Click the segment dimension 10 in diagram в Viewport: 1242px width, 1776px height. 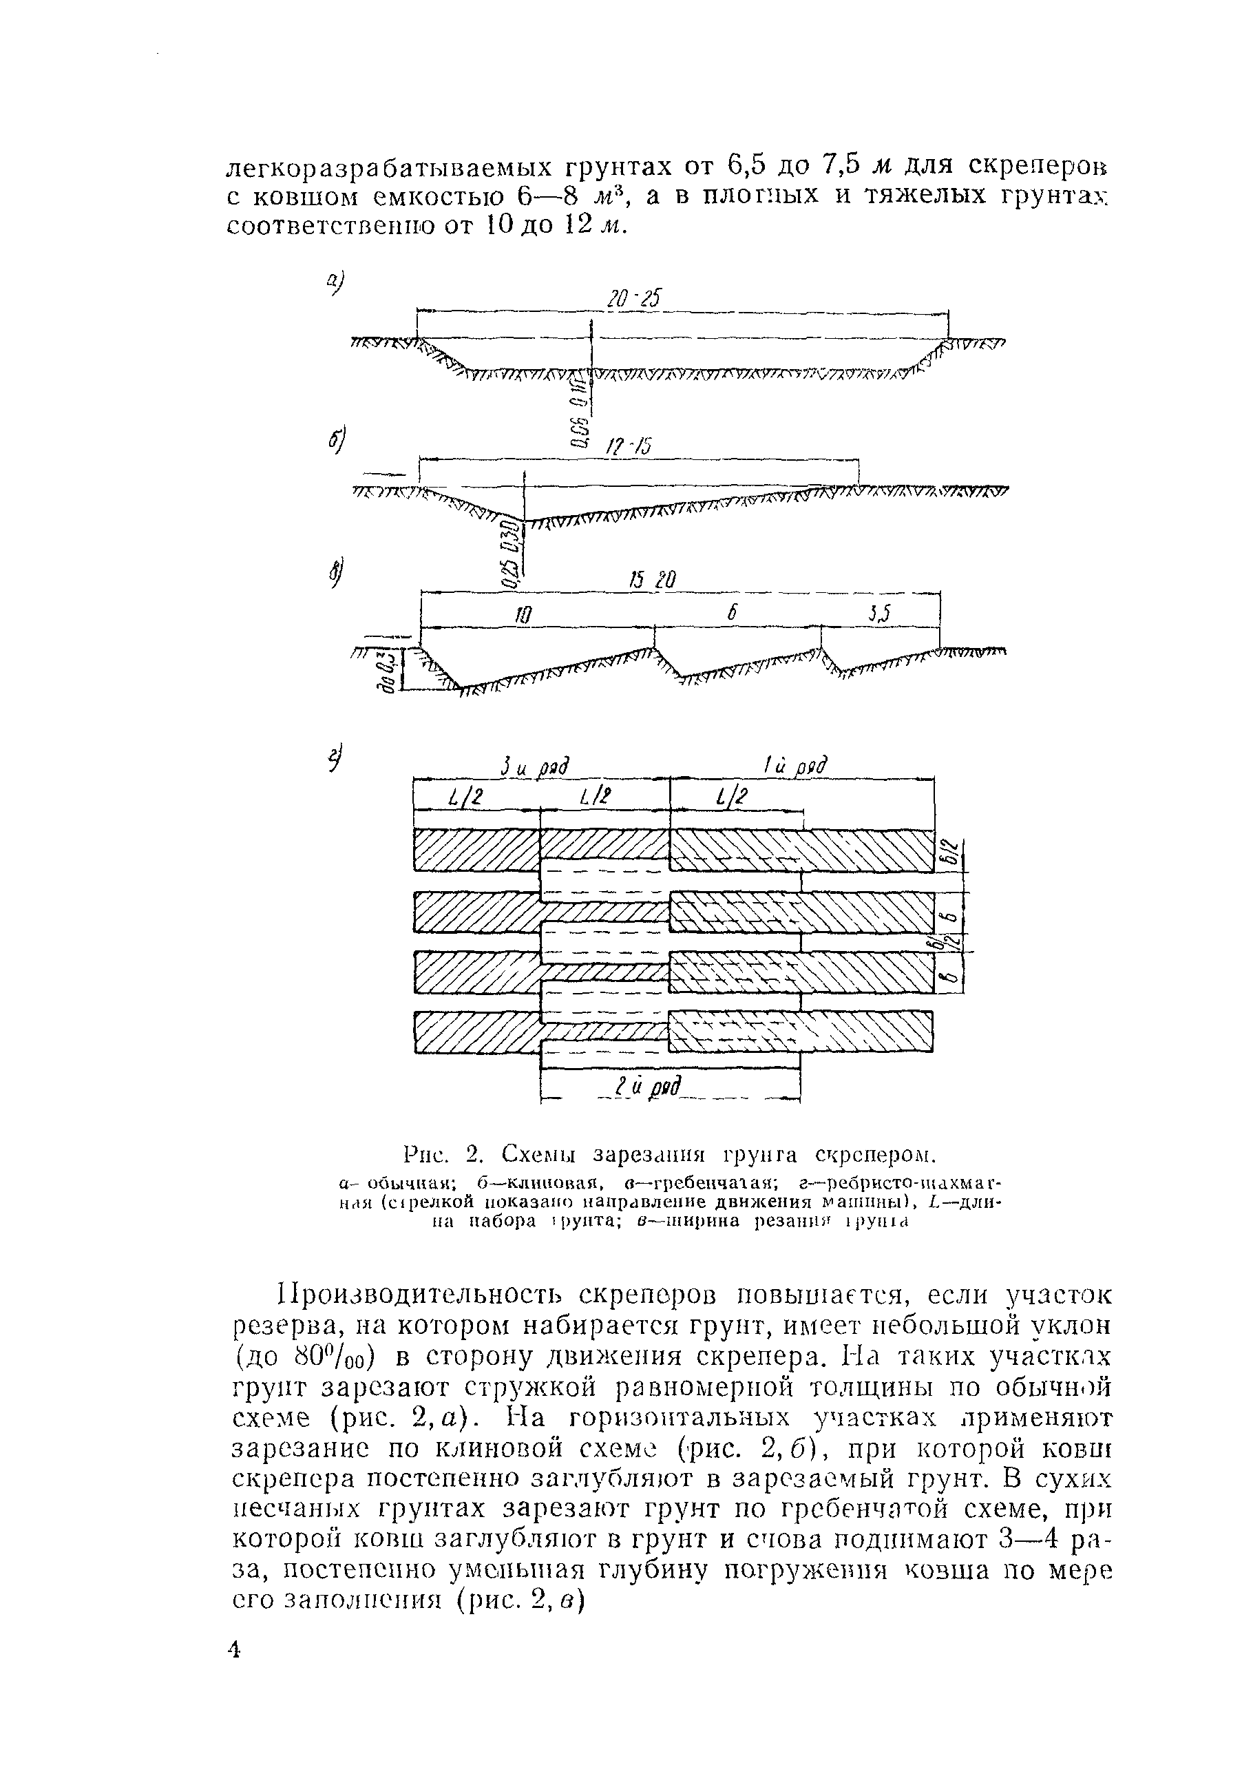pos(523,615)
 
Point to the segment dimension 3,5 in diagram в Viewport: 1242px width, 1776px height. pos(878,614)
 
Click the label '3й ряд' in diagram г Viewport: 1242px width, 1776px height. pos(534,767)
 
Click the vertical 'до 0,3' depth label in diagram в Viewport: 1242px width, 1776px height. pos(392,669)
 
